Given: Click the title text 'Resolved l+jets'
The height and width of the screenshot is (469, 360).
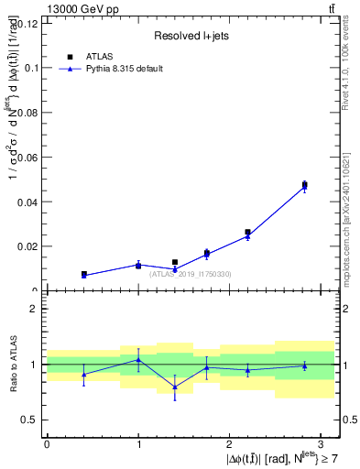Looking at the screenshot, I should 191,36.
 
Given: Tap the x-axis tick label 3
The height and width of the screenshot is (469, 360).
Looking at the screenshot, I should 322,443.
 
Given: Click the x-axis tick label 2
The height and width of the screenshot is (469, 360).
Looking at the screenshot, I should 230,443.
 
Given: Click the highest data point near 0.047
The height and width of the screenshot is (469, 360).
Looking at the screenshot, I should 304,185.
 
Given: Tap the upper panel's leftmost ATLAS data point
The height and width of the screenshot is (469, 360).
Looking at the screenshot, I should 83,274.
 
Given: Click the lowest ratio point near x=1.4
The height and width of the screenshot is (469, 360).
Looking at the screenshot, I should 175,387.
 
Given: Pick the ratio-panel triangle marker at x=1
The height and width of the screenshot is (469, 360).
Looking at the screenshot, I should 138,359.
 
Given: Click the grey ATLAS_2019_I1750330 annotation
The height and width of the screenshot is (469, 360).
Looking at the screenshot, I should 190,274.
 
